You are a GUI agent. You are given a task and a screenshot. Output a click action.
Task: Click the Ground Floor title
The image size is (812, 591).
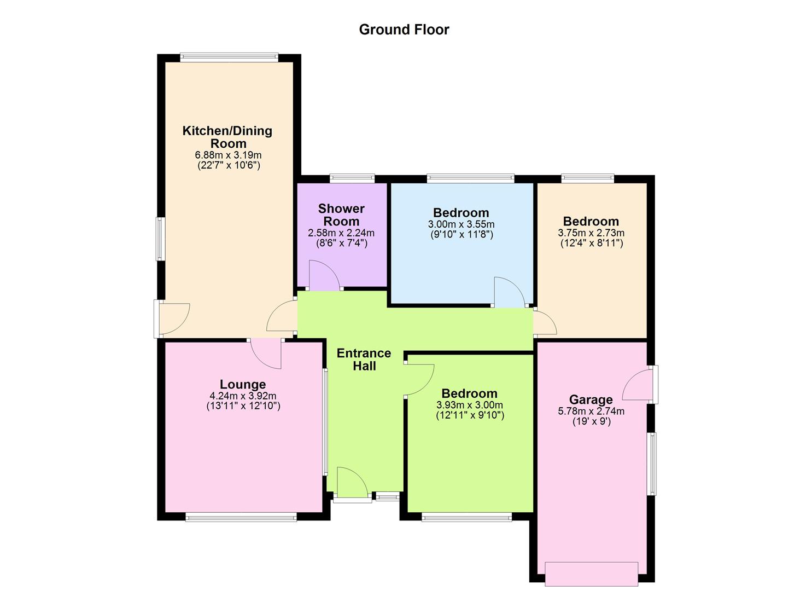(404, 30)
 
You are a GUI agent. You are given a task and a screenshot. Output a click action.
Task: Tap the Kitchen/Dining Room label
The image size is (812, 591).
(227, 137)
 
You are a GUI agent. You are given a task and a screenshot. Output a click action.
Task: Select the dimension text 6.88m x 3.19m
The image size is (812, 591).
(228, 155)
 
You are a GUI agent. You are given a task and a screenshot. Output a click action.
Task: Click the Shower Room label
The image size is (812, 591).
(341, 215)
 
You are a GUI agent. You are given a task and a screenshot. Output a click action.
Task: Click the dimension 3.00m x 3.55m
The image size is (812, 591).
(461, 224)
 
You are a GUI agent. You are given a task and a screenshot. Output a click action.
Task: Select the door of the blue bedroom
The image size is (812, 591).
(509, 292)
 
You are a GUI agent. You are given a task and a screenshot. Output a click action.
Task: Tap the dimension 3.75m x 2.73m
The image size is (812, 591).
(591, 233)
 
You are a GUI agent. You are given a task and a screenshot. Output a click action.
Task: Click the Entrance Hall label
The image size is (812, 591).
(364, 360)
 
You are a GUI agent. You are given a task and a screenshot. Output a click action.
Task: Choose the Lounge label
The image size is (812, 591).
(243, 385)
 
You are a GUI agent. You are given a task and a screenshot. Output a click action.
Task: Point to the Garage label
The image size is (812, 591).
(591, 399)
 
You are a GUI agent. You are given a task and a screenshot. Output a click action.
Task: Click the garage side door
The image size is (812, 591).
(640, 385)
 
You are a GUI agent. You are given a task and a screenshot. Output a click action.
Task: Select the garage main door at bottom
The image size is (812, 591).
(591, 573)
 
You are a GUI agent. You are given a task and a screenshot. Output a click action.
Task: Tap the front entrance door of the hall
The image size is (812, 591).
(352, 483)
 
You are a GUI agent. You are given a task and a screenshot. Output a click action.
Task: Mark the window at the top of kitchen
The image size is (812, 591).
(229, 57)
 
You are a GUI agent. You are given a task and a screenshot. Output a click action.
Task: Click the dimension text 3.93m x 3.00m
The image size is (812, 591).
(470, 405)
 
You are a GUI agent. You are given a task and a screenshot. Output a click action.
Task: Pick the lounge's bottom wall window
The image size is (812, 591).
(241, 517)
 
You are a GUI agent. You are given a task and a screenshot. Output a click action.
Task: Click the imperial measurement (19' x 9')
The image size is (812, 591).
(591, 421)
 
